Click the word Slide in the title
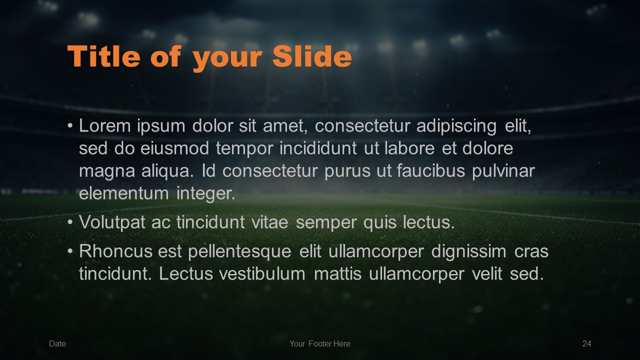[312, 56]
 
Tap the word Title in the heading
[103, 56]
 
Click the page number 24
[587, 343]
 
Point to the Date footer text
[57, 343]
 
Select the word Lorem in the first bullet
[105, 125]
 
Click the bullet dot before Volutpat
[70, 222]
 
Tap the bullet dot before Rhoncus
[70, 251]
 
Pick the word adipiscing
[456, 127]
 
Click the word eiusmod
[174, 148]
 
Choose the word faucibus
[431, 171]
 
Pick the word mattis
[337, 273]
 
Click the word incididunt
[318, 148]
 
